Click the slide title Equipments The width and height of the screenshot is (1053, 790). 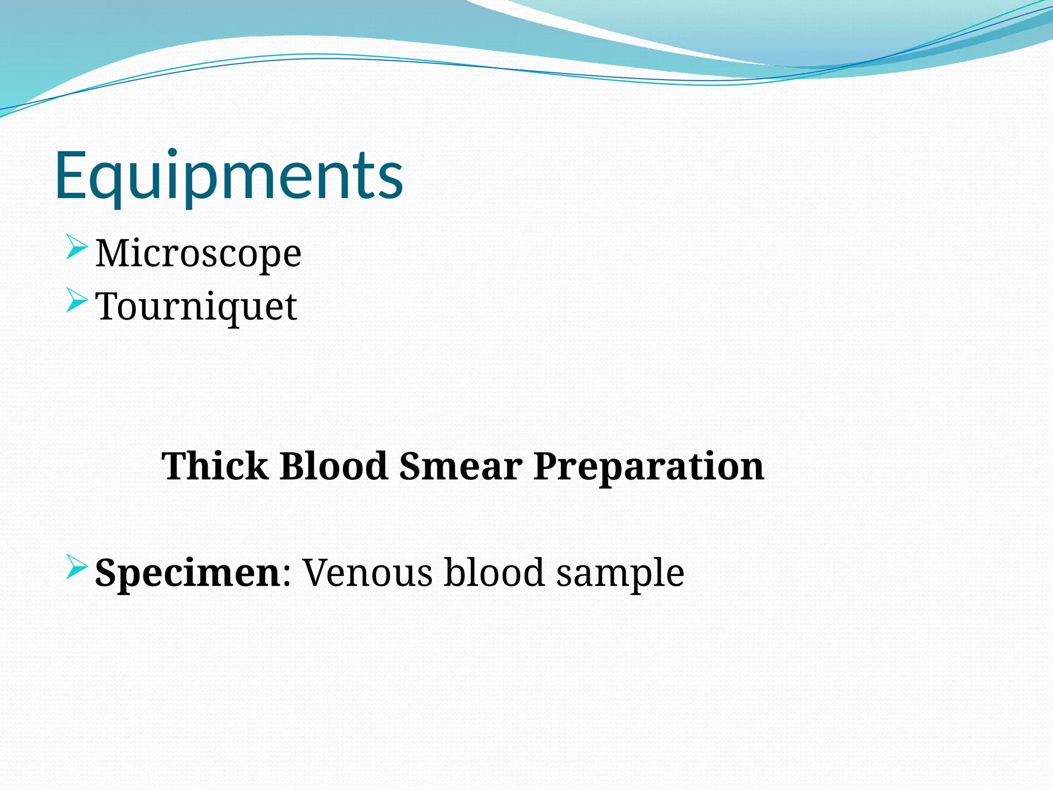point(229,176)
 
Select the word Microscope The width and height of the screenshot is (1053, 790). point(198,254)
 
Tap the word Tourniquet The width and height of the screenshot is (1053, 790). point(196,307)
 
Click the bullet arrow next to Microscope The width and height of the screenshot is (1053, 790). point(77,247)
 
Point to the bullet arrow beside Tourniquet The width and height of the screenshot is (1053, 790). point(77,300)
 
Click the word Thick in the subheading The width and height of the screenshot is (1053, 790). point(215,466)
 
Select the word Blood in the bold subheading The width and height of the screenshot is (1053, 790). point(333,466)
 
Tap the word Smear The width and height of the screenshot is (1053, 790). point(461,466)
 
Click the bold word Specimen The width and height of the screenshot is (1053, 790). point(187,573)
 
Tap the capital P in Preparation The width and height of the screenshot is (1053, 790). point(547,466)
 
